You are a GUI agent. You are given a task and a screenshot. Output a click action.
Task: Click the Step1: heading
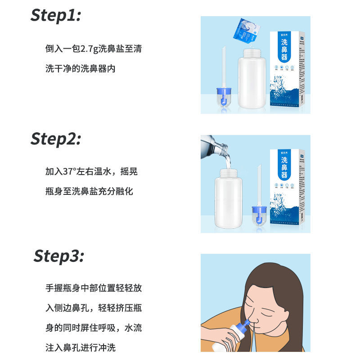point(56,15)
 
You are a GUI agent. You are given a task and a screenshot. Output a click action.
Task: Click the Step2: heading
point(56,139)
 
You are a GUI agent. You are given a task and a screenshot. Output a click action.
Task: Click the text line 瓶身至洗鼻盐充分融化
point(89,191)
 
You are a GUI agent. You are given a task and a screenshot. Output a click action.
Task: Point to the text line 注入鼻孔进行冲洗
point(83,347)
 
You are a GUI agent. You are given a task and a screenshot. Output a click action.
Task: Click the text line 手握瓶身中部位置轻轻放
point(94,288)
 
